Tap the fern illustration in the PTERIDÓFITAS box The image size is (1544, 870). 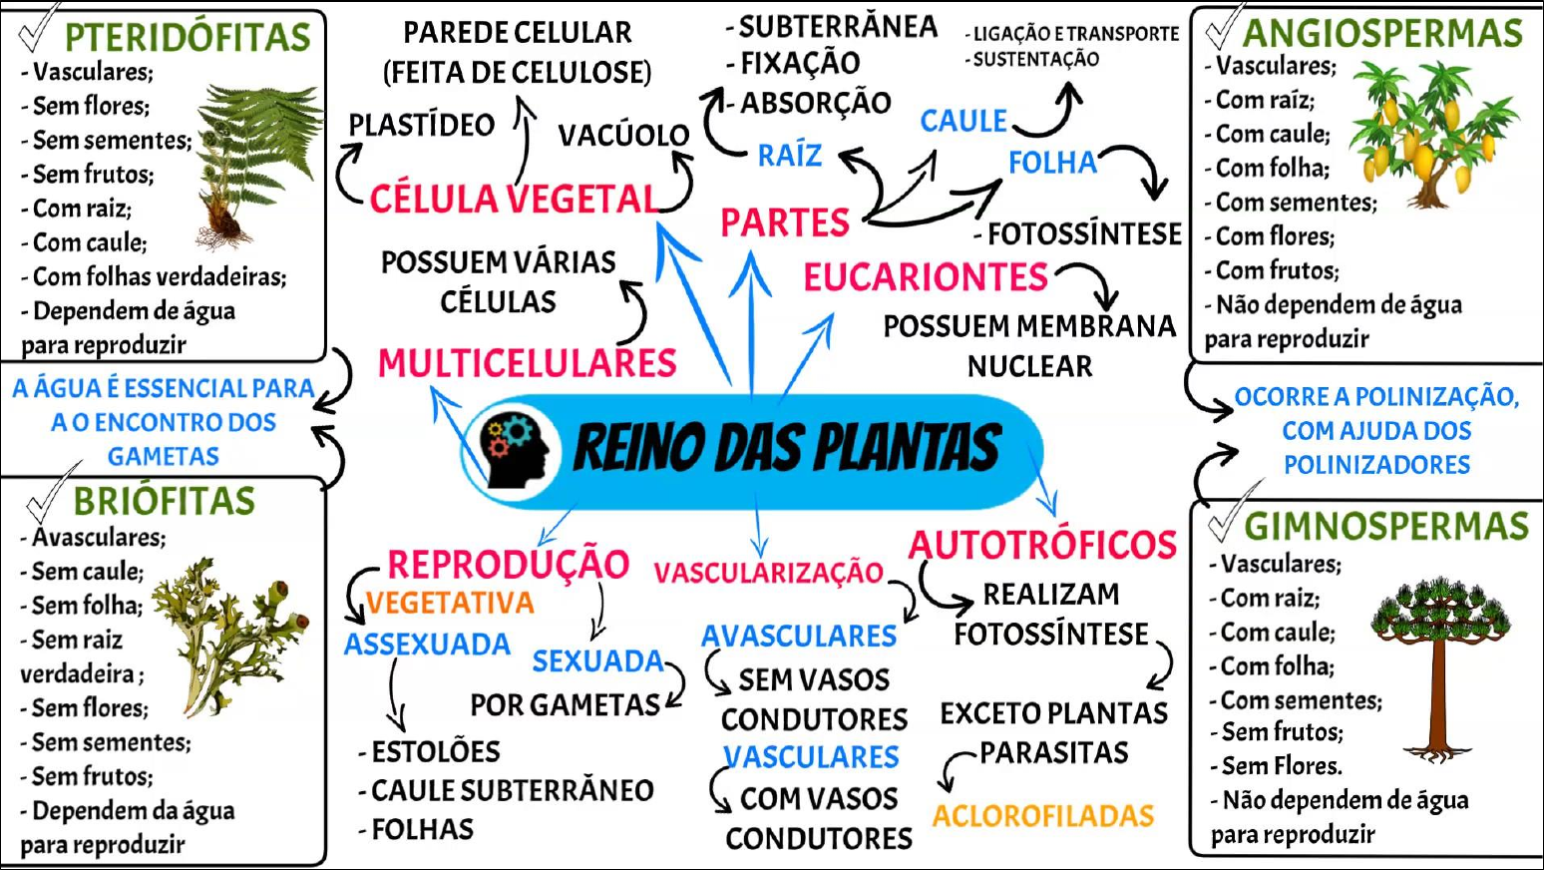(254, 160)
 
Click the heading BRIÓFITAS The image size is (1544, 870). (165, 501)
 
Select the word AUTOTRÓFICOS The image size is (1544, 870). (1042, 545)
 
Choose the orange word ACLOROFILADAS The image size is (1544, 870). (1043, 816)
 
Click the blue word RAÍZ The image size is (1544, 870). (790, 156)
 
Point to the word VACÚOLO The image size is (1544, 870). (623, 136)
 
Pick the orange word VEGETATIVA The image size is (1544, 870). (450, 603)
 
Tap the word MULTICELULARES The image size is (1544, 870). (527, 363)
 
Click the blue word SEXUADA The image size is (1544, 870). (597, 660)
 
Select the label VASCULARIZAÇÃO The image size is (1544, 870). (768, 573)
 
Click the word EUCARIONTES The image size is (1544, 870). (926, 277)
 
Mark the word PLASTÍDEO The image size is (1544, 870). (422, 126)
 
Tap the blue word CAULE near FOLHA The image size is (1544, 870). (964, 121)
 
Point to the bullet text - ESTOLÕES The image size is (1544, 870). (430, 751)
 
